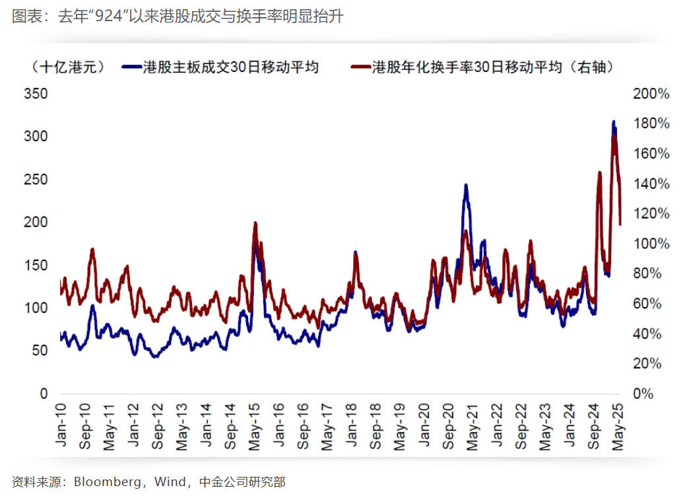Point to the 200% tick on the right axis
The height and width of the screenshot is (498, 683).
tap(651, 94)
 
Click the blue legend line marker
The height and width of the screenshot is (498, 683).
tap(132, 67)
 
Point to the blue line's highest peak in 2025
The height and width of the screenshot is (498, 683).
tap(614, 122)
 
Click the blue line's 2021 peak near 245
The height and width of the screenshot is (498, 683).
tap(466, 186)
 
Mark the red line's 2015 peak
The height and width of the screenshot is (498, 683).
tap(255, 224)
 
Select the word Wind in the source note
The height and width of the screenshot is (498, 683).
tap(170, 482)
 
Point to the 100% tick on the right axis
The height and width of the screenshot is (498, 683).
tap(651, 244)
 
